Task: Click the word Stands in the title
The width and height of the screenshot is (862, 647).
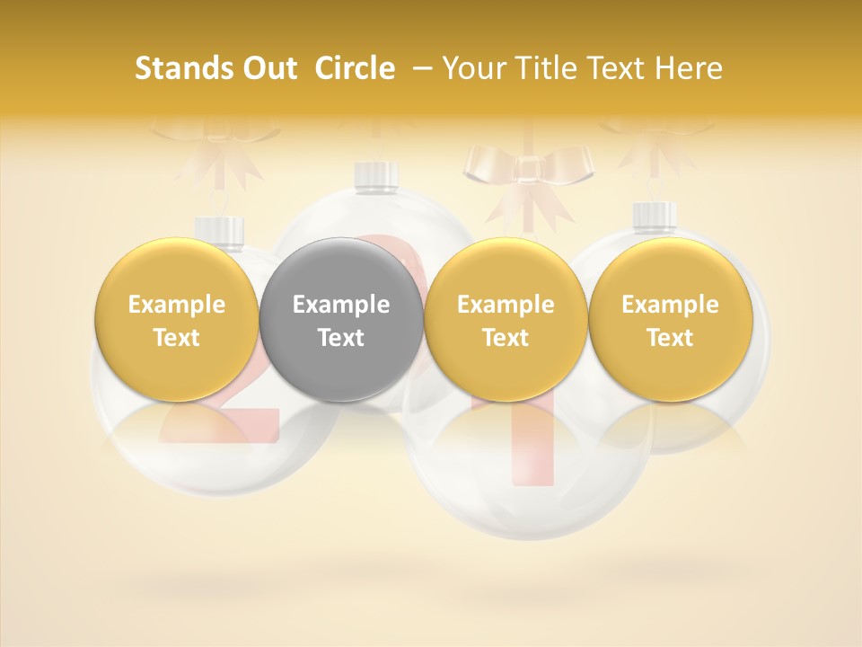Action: tap(183, 68)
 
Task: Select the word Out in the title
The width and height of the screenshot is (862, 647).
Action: tap(267, 68)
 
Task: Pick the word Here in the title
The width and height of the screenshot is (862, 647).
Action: tap(689, 68)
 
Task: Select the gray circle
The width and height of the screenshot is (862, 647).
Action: tap(340, 320)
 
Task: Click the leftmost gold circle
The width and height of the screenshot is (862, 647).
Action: tap(176, 320)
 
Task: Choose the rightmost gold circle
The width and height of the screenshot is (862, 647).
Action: tap(670, 320)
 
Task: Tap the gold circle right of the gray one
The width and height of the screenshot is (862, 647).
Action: tap(506, 320)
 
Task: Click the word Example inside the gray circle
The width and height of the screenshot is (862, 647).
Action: tap(340, 305)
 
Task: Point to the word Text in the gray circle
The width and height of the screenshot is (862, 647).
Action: tap(340, 338)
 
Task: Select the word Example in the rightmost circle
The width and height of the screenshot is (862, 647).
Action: tap(670, 305)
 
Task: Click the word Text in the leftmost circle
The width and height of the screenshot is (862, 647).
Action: tap(176, 338)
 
